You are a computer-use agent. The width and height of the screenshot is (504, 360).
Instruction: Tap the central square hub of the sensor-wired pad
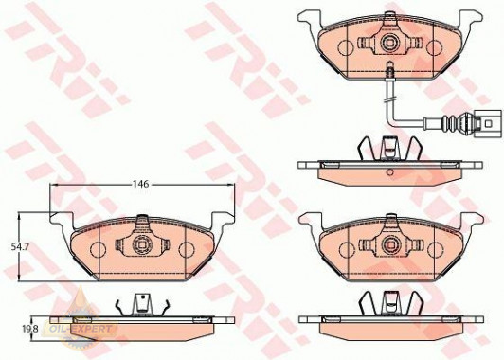tap(389, 44)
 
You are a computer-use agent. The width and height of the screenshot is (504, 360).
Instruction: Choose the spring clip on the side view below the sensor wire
tap(389, 148)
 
